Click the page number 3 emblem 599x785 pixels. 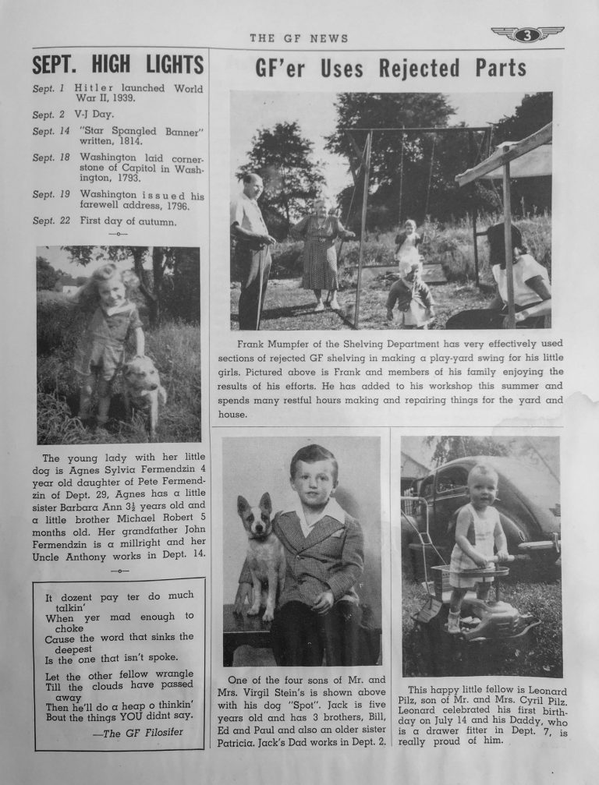527,34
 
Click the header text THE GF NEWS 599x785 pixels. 299,38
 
